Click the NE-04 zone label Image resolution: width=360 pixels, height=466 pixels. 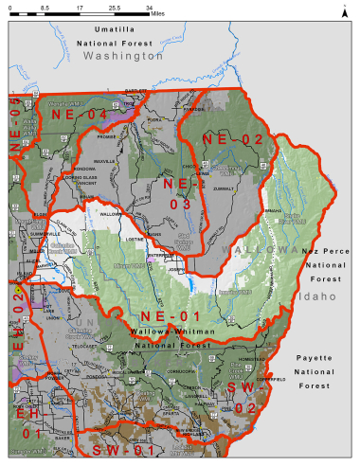80,115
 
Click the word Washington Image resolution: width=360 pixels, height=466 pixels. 122,57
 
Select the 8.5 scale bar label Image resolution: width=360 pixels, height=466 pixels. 45,8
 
